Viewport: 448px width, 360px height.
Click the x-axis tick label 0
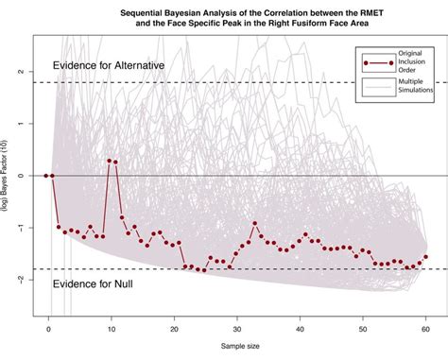(47, 329)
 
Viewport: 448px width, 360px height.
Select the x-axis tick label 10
(111, 329)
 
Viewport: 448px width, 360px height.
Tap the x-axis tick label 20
(174, 329)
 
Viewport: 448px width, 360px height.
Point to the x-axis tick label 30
(237, 329)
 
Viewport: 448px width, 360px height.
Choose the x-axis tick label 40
(301, 329)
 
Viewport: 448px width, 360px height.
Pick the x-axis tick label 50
(364, 329)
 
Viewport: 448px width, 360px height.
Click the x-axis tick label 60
(426, 329)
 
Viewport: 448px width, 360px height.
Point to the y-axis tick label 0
(26, 176)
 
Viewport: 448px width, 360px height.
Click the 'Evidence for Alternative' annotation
(108, 65)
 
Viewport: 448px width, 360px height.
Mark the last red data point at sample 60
(426, 256)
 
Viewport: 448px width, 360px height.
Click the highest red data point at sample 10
(109, 161)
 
